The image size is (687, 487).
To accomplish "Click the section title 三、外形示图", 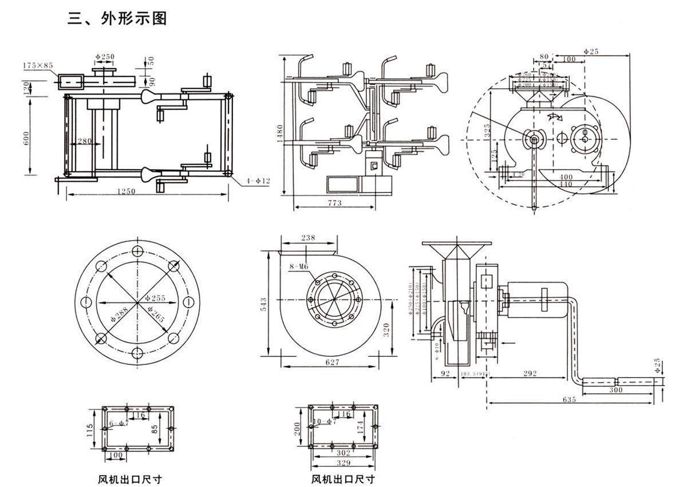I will tap(117, 18).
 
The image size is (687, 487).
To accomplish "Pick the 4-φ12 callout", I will tap(258, 180).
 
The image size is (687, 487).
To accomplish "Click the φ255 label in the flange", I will tap(155, 298).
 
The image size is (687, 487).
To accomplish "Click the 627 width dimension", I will tap(332, 362).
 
